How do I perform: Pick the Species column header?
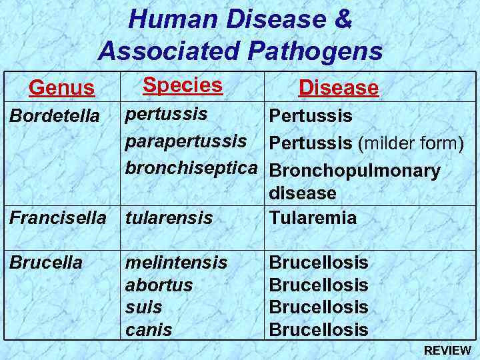tap(182, 85)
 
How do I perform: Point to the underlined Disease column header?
tap(338, 87)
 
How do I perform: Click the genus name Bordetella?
tap(54, 116)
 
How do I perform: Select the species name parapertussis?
tap(186, 141)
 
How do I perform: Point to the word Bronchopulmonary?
tap(354, 171)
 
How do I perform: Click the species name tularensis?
tap(169, 217)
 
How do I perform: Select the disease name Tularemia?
tap(312, 217)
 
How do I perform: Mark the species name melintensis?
tap(176, 262)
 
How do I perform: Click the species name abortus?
tap(159, 285)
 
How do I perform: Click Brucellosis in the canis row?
tap(318, 329)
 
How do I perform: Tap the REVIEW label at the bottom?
tap(447, 351)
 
